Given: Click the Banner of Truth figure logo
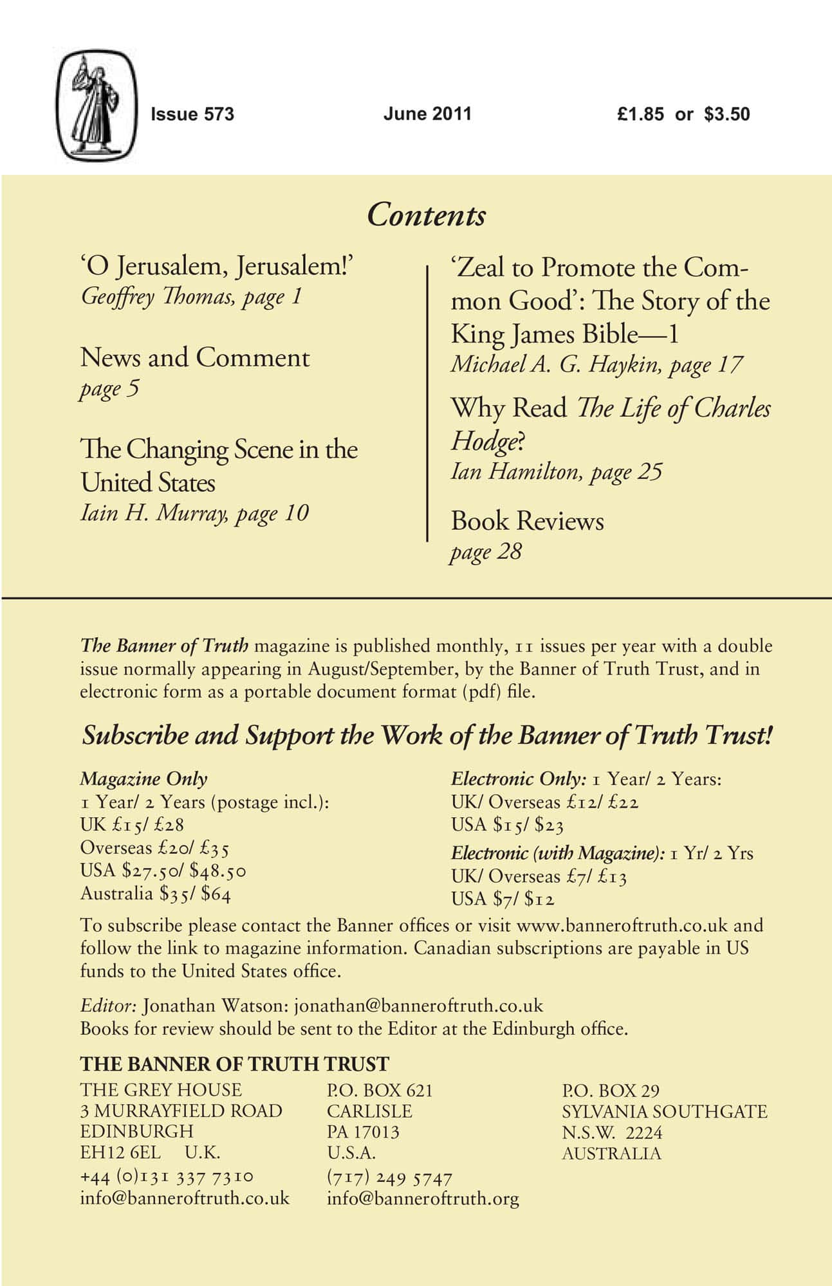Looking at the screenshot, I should pyautogui.click(x=97, y=106).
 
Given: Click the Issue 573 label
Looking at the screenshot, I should pyautogui.click(x=192, y=114).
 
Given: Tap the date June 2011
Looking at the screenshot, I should pyautogui.click(x=427, y=114).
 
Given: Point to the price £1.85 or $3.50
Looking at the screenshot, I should pyautogui.click(x=683, y=114).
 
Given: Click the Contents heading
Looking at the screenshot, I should pyautogui.click(x=426, y=215).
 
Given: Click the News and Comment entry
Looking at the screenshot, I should pyautogui.click(x=195, y=358).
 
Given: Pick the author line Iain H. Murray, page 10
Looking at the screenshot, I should pyautogui.click(x=194, y=513).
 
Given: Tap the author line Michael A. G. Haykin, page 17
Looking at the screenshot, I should pyautogui.click(x=596, y=365).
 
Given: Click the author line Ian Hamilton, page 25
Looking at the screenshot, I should pyautogui.click(x=556, y=472).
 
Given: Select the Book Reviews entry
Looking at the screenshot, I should pyautogui.click(x=527, y=521).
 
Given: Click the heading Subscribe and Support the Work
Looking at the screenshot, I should pyautogui.click(x=427, y=736).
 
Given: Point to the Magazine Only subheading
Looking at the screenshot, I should pyautogui.click(x=143, y=779).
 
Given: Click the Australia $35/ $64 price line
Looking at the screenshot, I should pyautogui.click(x=155, y=894).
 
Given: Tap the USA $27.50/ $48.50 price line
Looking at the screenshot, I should pyautogui.click(x=163, y=871).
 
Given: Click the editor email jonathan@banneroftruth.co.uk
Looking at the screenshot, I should pyautogui.click(x=418, y=1006).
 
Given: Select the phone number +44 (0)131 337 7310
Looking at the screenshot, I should pyautogui.click(x=167, y=1177).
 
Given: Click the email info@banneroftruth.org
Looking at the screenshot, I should pyautogui.click(x=423, y=1199).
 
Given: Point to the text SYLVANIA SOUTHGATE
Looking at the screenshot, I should pyautogui.click(x=664, y=1112).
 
